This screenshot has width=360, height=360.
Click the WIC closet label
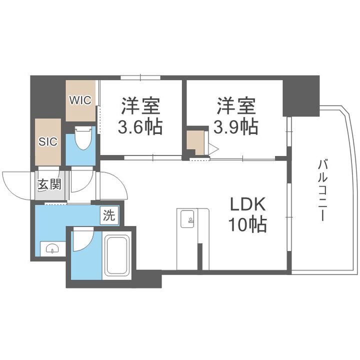click(x=80, y=100)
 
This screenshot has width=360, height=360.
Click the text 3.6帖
click(x=139, y=128)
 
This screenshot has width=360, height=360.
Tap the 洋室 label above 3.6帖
click(x=139, y=107)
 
